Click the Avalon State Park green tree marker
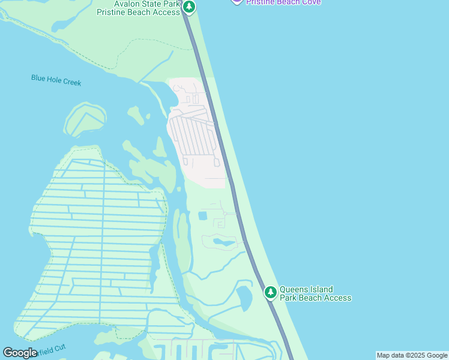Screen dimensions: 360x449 [189, 7]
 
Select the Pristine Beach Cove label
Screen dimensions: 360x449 [283, 2]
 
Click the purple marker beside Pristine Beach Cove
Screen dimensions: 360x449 [237, 1]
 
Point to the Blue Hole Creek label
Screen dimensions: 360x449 [56, 80]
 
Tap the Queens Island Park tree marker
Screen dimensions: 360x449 [271, 292]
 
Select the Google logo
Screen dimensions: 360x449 [20, 353]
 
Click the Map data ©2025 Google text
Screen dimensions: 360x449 [412, 355]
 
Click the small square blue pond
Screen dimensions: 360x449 [202, 215]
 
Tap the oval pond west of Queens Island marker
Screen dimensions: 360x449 [244, 298]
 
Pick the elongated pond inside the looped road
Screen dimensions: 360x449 [223, 242]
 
